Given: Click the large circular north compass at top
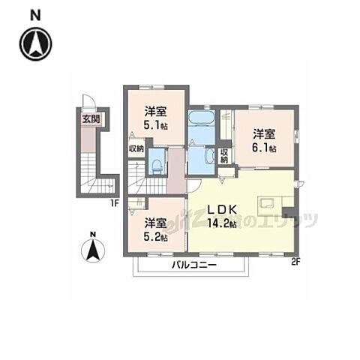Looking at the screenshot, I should [x=36, y=43].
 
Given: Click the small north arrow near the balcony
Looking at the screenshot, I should [x=92, y=248].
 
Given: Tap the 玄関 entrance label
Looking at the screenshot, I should [x=91, y=118].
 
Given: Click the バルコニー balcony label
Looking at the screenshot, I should [x=193, y=266].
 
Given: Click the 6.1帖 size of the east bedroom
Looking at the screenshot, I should [x=265, y=148].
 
